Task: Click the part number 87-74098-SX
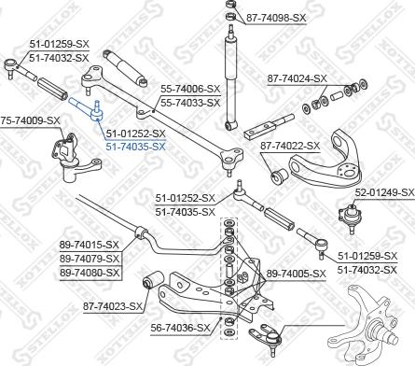pyautogui.click(x=276, y=17)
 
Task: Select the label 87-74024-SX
pyautogui.click(x=297, y=78)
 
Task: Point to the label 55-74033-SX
pyautogui.click(x=190, y=103)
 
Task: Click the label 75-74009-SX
pyautogui.click(x=30, y=120)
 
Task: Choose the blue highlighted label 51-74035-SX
pyautogui.click(x=135, y=147)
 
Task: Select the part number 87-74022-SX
pyautogui.click(x=289, y=146)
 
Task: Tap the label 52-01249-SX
pyautogui.click(x=383, y=192)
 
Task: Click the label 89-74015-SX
pyautogui.click(x=90, y=245)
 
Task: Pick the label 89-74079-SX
pyautogui.click(x=90, y=259)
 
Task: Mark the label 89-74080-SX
pyautogui.click(x=90, y=273)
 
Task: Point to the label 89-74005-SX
pyautogui.click(x=297, y=273)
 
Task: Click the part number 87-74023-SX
pyautogui.click(x=112, y=305)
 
